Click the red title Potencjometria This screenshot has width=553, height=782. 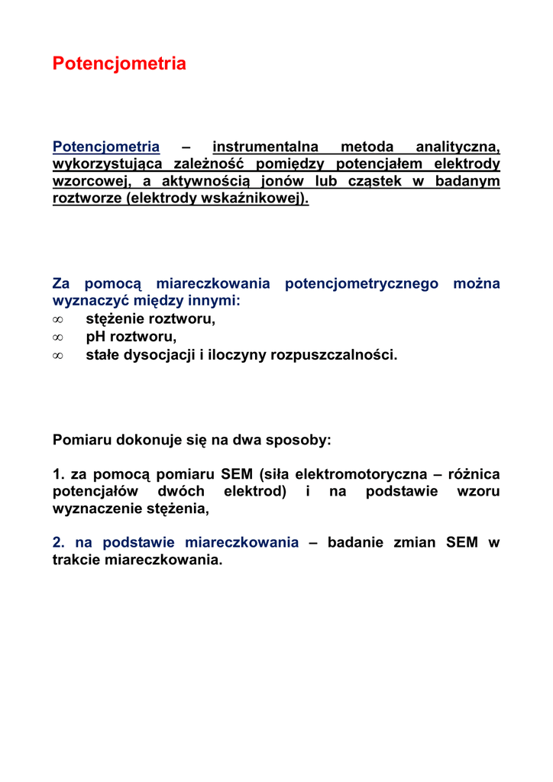(119, 64)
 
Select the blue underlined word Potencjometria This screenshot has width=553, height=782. (106, 147)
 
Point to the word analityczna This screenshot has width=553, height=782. (457, 147)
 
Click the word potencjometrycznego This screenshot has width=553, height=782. (361, 284)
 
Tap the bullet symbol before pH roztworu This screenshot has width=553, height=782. (57, 338)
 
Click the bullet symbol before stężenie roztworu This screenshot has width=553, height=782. (57, 320)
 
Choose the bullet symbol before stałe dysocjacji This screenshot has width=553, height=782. (57, 355)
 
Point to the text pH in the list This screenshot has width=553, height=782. (95, 337)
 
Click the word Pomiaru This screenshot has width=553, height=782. (82, 441)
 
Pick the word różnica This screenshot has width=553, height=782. (474, 475)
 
